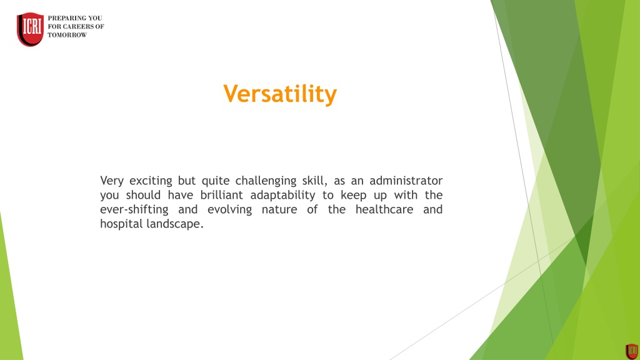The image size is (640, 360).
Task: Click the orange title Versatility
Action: click(x=280, y=94)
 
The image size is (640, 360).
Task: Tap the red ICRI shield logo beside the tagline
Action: click(x=30, y=29)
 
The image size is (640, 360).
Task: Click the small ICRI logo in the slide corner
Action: click(x=632, y=351)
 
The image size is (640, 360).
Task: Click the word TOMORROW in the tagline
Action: click(x=67, y=35)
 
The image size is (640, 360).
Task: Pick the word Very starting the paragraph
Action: click(x=112, y=181)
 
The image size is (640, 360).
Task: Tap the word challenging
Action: click(x=266, y=181)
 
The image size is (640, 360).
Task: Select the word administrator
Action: click(x=406, y=181)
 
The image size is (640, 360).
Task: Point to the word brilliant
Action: click(x=222, y=195)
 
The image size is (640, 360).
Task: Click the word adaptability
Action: click(x=282, y=196)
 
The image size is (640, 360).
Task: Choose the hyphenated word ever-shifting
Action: click(x=134, y=209)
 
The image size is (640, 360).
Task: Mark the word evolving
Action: click(x=229, y=209)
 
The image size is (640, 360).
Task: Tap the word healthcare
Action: click(x=384, y=209)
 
